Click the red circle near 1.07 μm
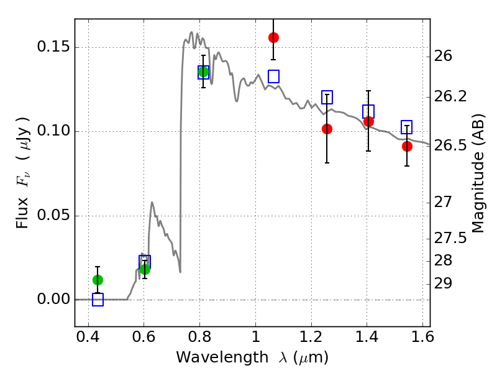pos(273,38)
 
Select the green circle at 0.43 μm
pos(98,280)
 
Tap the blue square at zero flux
pos(98,300)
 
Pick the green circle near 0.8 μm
pos(204,71)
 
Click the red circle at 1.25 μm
pos(327,129)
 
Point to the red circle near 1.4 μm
pos(368,121)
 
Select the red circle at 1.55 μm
pos(408,147)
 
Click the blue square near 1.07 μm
pos(273,76)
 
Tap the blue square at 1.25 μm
pos(327,97)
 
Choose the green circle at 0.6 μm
pos(145,270)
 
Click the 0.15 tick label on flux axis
pos(53,47)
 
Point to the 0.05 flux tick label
pos(53,215)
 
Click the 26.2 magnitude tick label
pos(450,96)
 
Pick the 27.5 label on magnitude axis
pos(450,239)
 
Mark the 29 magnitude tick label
pos(443,283)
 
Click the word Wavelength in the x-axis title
pos(222,357)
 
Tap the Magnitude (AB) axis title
pos(478,173)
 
